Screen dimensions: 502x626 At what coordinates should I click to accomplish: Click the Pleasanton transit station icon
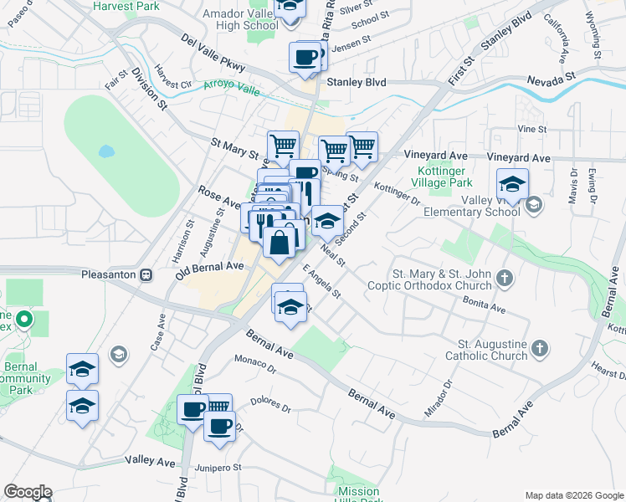click(145, 274)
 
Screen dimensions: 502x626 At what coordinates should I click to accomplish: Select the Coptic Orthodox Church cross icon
click(504, 277)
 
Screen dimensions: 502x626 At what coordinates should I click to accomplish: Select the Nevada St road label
click(552, 77)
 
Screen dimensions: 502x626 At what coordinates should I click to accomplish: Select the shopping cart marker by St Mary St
click(283, 146)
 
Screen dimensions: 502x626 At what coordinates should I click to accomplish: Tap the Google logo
click(28, 492)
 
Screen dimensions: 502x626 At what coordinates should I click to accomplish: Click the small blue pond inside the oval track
click(105, 152)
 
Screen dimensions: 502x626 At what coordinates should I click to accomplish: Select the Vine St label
click(531, 129)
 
